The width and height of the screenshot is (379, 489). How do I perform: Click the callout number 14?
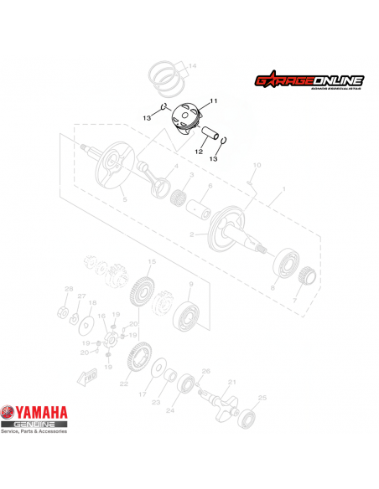(193, 65)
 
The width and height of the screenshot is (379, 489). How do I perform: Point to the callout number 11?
(213, 100)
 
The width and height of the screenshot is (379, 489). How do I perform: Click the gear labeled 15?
(142, 294)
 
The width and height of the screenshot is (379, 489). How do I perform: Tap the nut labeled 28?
(62, 311)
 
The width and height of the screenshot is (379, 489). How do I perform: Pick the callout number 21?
(233, 383)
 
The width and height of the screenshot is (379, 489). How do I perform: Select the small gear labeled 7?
(307, 274)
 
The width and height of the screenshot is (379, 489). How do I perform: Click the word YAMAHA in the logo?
(46, 412)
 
